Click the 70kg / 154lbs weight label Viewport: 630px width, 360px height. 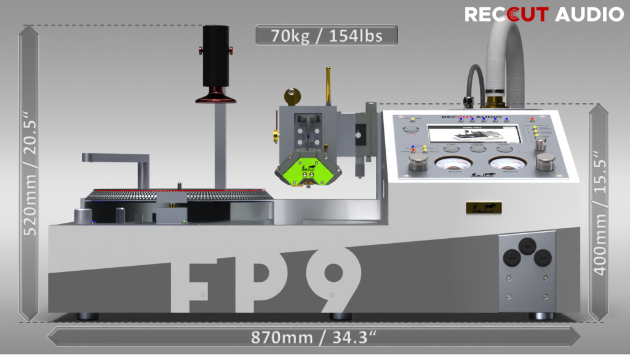326,36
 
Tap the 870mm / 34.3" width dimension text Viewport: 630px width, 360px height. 314,337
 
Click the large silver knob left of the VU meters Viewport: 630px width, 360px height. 418,164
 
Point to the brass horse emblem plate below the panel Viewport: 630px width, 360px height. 483,207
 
